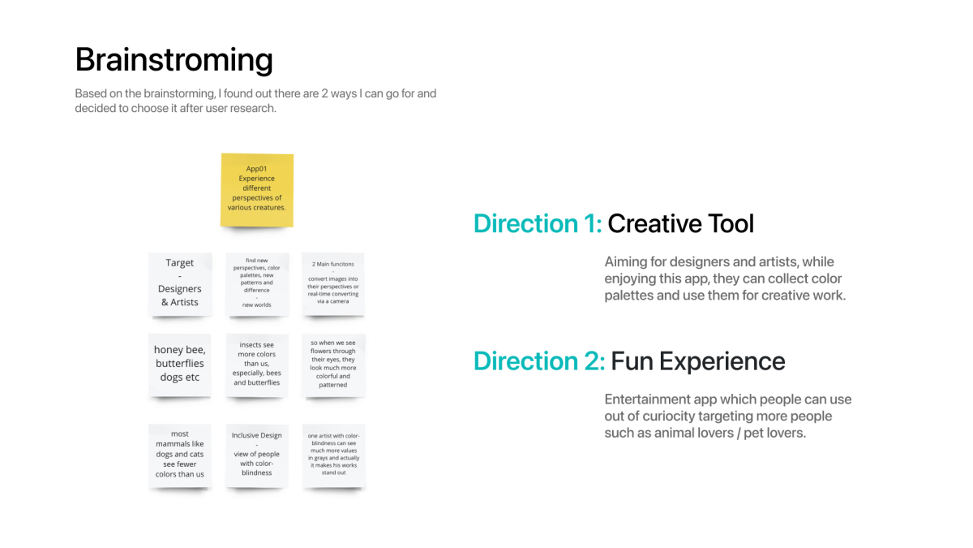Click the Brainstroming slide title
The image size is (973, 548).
174,60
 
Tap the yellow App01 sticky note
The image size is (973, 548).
257,190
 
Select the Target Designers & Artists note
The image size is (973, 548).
180,284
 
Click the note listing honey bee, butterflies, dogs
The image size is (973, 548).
180,365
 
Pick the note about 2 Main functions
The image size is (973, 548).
333,284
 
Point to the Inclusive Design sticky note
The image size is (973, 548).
257,455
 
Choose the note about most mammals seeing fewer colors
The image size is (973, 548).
180,455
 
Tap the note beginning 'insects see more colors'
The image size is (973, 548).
257,365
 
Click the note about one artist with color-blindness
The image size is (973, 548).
333,455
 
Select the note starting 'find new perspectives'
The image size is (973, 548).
257,284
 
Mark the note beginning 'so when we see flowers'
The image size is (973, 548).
333,365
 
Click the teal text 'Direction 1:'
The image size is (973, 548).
538,223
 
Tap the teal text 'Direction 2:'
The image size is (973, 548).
539,361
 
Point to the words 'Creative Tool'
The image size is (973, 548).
680,223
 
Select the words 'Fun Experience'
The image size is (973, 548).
698,362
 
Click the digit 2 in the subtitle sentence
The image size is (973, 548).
324,93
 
